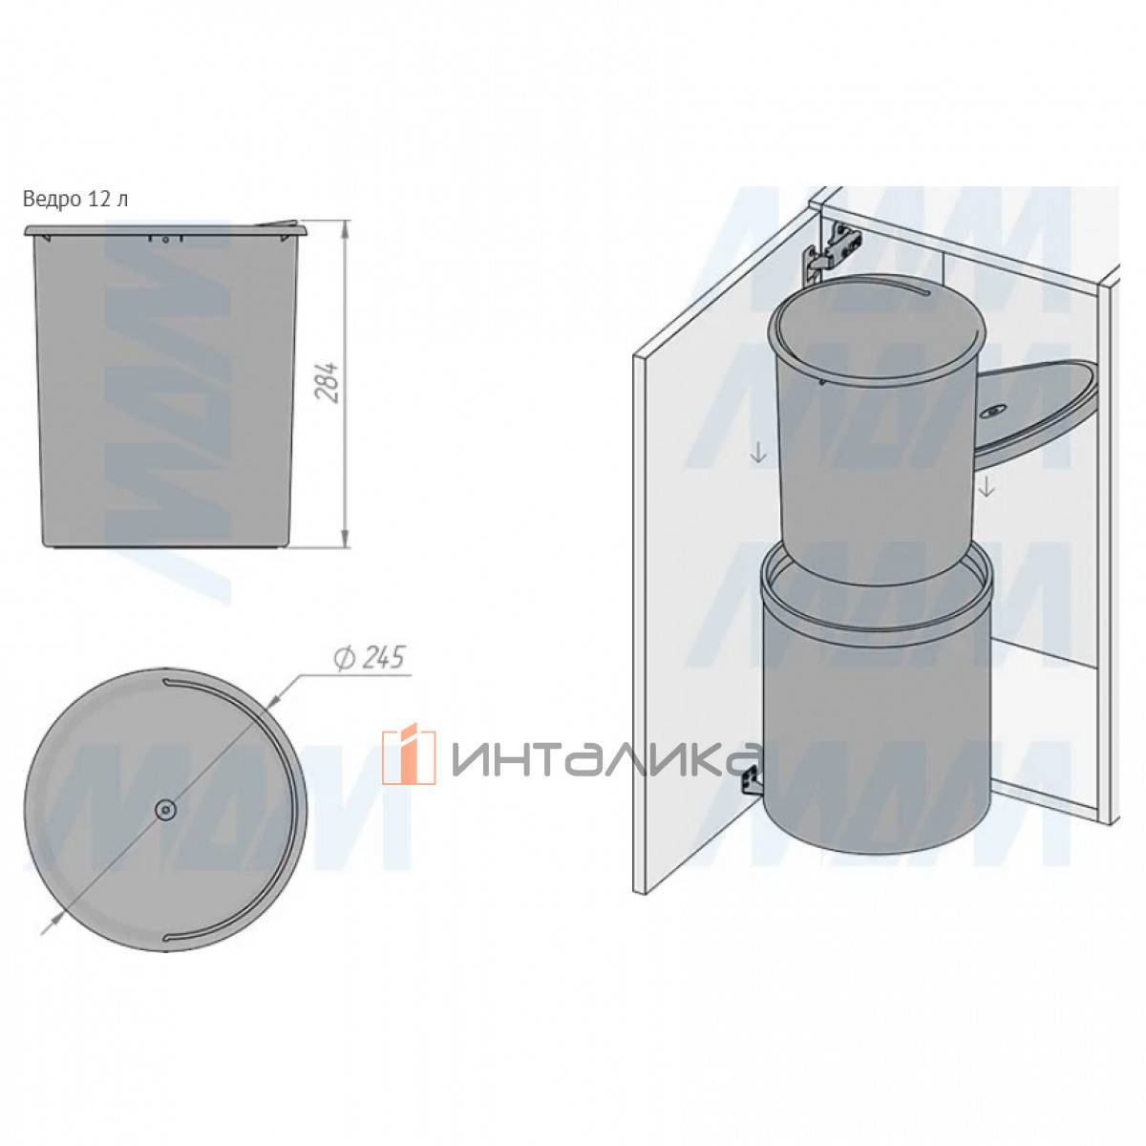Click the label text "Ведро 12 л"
click(75, 200)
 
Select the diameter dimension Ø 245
click(369, 658)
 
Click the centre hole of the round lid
click(164, 810)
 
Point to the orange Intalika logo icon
click(409, 756)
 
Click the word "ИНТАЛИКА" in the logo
click(605, 759)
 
